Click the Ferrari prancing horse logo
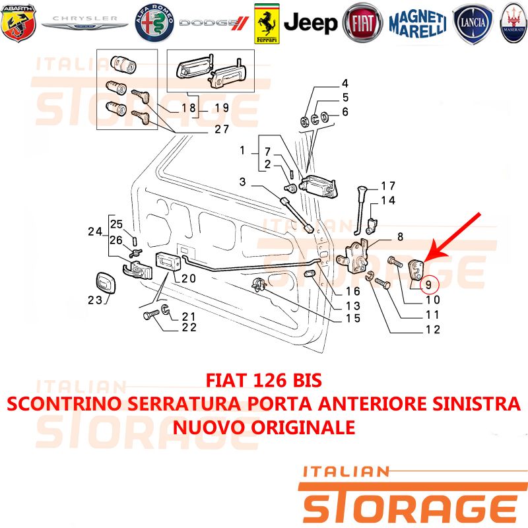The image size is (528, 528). click(267, 24)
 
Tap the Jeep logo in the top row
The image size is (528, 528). click(310, 23)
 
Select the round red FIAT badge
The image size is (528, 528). click(362, 23)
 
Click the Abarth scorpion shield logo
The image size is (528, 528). click(18, 23)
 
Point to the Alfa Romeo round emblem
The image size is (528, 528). click(154, 23)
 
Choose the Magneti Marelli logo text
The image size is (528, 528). click(418, 24)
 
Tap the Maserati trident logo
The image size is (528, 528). click(513, 23)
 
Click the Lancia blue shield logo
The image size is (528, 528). click(473, 24)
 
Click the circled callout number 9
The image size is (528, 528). click(428, 285)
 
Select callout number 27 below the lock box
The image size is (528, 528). click(222, 129)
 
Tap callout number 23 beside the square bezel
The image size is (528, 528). click(94, 300)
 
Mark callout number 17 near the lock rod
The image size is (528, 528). click(388, 186)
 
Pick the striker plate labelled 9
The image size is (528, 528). click(416, 270)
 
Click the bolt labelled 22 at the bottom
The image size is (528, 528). click(152, 315)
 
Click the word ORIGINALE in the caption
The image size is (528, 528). click(303, 427)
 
